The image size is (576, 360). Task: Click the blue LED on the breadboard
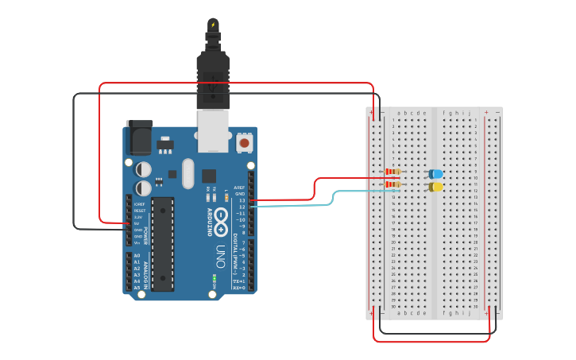[435, 173]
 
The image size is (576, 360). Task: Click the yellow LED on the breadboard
[435, 187]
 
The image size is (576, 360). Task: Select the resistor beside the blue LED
[392, 172]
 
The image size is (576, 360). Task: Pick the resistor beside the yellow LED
[392, 185]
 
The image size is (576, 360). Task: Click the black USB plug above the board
[213, 79]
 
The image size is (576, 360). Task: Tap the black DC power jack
[140, 137]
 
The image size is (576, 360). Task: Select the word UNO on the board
[220, 255]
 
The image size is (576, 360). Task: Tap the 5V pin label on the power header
[137, 223]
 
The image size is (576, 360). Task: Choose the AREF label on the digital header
[239, 188]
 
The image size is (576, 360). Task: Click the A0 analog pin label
[137, 255]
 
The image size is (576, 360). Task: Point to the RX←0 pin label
[238, 288]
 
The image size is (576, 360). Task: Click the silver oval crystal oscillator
[187, 173]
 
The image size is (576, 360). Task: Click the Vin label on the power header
[137, 242]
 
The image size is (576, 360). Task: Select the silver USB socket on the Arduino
[211, 130]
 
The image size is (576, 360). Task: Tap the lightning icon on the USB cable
[213, 25]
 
